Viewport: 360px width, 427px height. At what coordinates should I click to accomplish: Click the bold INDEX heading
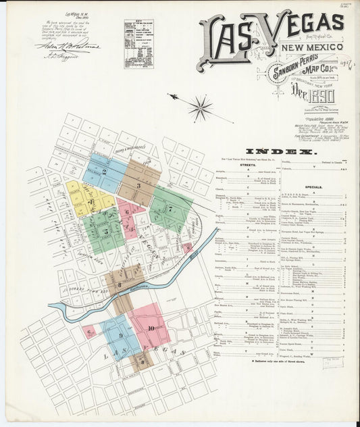(x=280, y=152)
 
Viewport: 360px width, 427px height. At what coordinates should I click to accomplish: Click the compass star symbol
(x=200, y=107)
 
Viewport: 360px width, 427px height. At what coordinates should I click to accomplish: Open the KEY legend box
(x=138, y=43)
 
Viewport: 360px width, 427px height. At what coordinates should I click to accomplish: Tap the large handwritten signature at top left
(x=68, y=46)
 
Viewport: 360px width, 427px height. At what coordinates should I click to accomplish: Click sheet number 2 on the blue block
(x=104, y=172)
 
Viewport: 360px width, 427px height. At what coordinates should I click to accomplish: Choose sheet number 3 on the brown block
(x=138, y=184)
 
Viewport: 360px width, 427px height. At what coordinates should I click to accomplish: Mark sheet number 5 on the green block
(x=106, y=232)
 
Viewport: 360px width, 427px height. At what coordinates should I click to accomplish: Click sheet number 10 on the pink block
(x=151, y=328)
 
